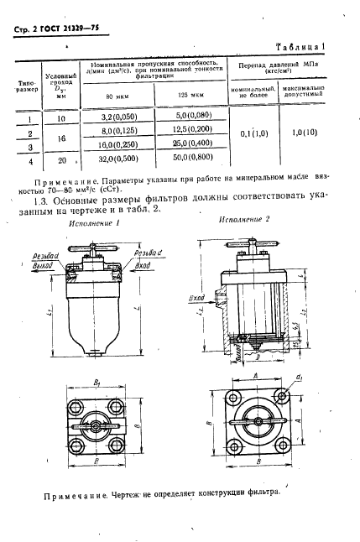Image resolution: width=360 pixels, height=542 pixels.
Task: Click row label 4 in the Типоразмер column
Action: click(29, 159)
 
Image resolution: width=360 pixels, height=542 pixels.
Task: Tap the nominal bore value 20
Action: click(61, 159)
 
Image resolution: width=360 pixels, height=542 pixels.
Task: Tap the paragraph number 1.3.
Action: click(39, 201)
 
